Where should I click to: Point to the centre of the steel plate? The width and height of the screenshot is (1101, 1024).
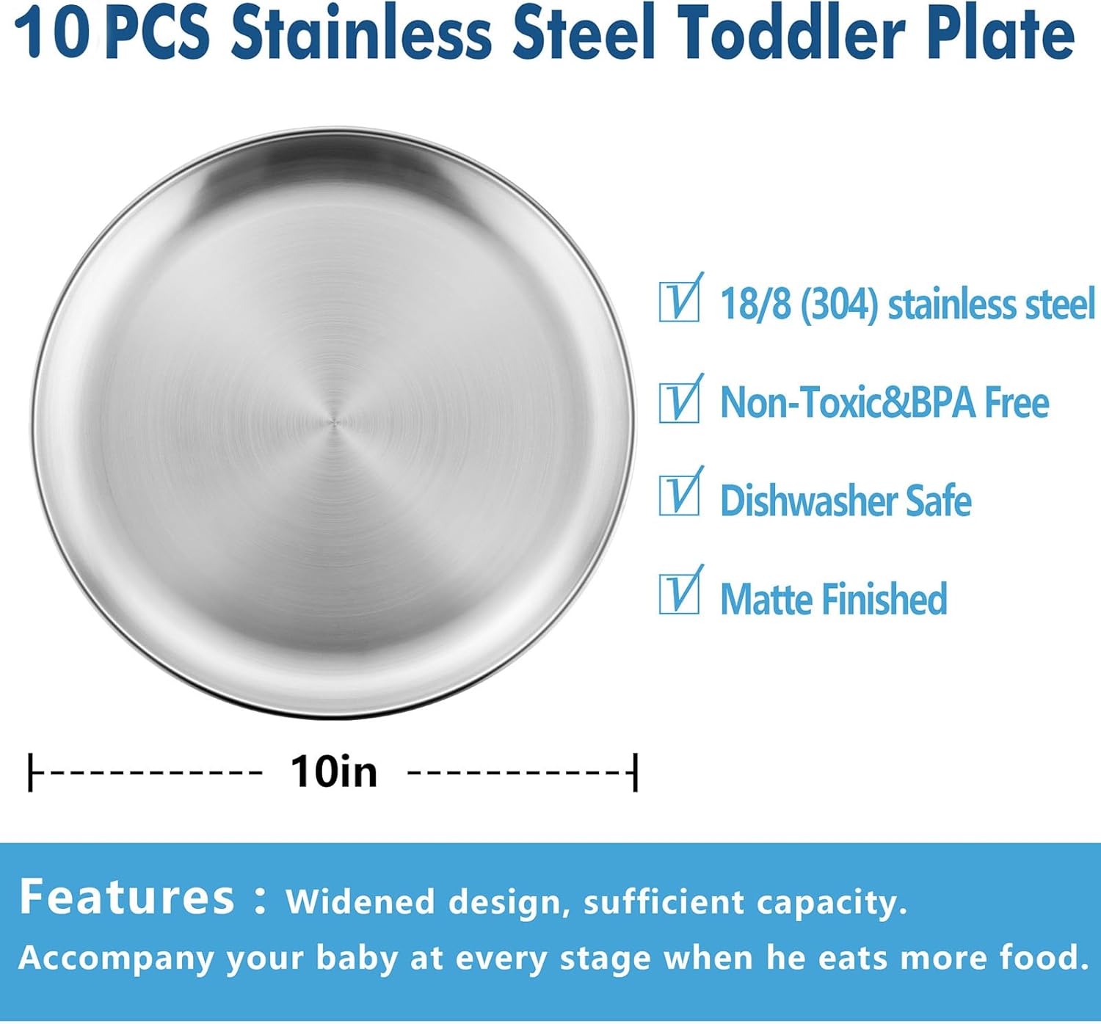pyautogui.click(x=333, y=423)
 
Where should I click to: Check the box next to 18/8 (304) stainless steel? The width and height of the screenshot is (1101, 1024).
pyautogui.click(x=679, y=301)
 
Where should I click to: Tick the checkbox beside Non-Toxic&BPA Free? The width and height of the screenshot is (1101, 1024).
pyautogui.click(x=679, y=402)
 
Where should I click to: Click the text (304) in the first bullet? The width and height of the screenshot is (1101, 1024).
pyautogui.click(x=839, y=304)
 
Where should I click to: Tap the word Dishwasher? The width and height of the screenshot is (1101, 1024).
pyautogui.click(x=807, y=501)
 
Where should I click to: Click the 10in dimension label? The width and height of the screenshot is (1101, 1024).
pyautogui.click(x=334, y=771)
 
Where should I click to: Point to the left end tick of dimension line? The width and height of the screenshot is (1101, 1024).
pyautogui.click(x=30, y=771)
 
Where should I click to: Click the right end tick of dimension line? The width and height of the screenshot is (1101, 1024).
pyautogui.click(x=635, y=771)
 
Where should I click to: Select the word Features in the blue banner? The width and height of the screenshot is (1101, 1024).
pyautogui.click(x=126, y=897)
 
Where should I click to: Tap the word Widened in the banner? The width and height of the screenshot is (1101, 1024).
pyautogui.click(x=360, y=902)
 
